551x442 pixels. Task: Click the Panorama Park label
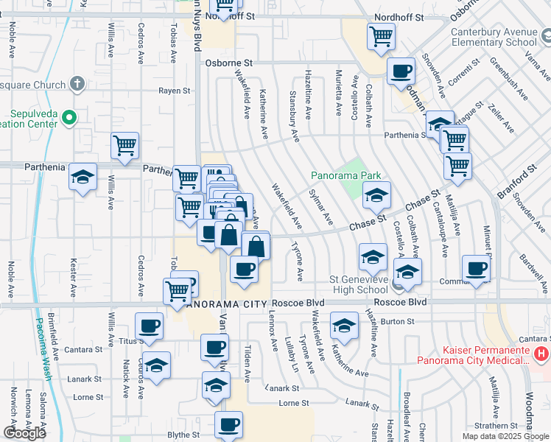[x=345, y=175]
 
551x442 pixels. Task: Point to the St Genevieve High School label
[x=358, y=284]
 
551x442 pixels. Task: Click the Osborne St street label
[x=229, y=64]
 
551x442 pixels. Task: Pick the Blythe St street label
[x=183, y=435]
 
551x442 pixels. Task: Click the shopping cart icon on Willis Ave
[x=125, y=144]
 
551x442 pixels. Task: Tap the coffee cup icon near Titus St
[x=150, y=325]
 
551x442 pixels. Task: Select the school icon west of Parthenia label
[x=83, y=177]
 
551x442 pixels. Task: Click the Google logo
[x=25, y=433]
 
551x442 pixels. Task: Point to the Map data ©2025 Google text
[x=505, y=436]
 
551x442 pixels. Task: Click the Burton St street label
[x=398, y=321]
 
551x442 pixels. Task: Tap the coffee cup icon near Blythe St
[x=228, y=424]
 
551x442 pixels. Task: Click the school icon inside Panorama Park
[x=376, y=195]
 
